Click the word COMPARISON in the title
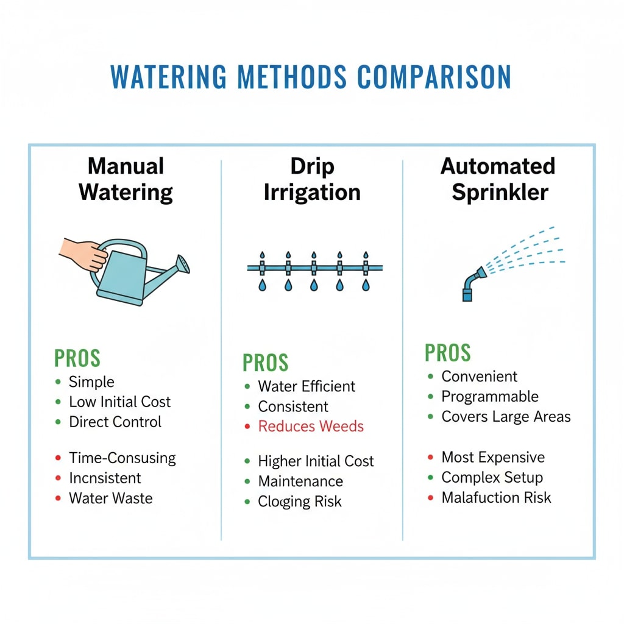(434, 77)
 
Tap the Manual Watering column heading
(126, 179)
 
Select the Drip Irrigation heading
(312, 179)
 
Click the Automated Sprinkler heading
(498, 179)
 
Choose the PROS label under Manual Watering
(77, 358)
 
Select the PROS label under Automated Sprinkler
(448, 353)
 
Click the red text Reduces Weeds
(311, 426)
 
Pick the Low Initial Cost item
(119, 402)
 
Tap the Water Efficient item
(307, 386)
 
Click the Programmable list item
(490, 397)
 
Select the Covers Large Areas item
(506, 417)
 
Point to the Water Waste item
(111, 498)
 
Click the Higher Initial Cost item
(316, 461)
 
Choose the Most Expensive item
(493, 457)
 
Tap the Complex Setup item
(492, 477)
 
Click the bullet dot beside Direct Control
(58, 422)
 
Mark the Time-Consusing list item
(122, 458)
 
